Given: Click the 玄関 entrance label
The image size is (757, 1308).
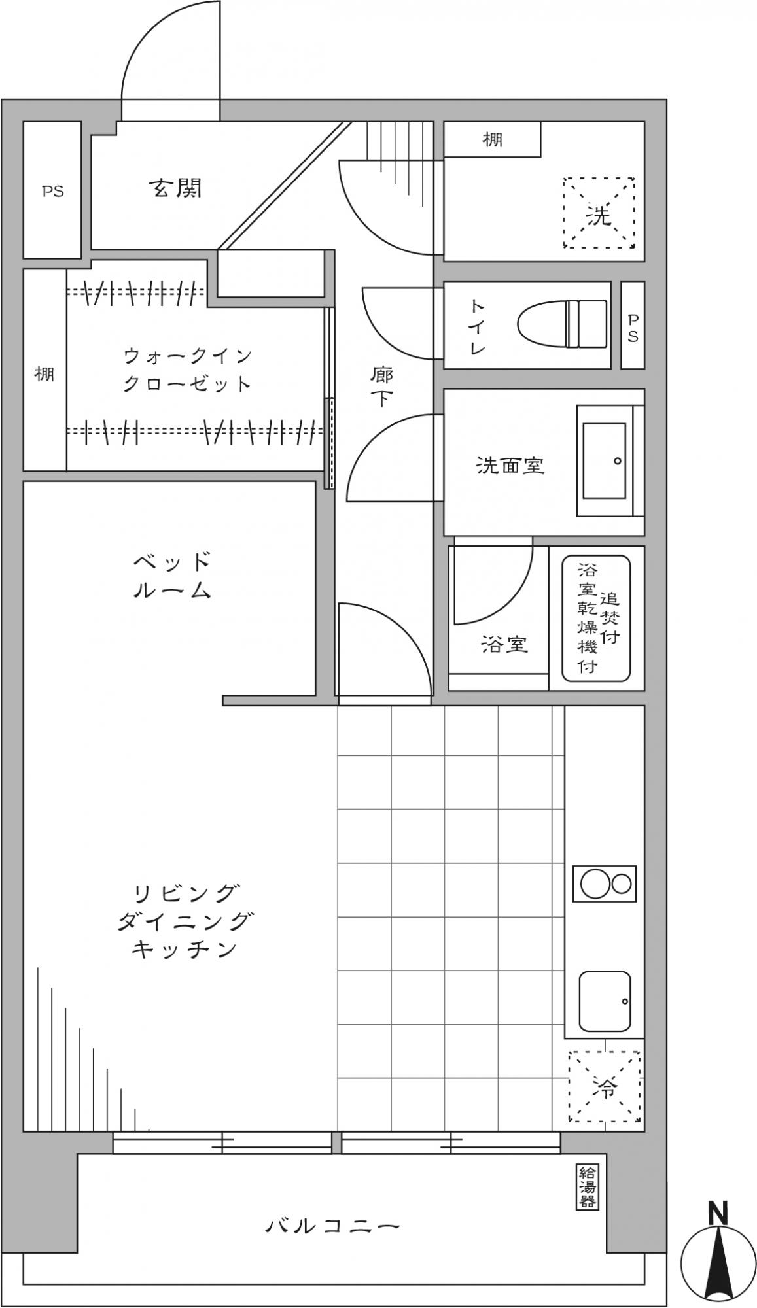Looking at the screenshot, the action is pos(175,188).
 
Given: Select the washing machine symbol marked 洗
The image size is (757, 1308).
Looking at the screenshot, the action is pos(599,213).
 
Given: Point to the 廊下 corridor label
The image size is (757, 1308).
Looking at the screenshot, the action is pos(381,387).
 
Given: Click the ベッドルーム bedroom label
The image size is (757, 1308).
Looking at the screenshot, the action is pos(173,576).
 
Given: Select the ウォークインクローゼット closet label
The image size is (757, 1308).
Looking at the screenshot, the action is pos(188,370).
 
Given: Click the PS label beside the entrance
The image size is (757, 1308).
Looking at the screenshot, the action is pos(53,191).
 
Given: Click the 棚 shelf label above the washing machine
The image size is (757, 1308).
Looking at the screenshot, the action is pos(493,139).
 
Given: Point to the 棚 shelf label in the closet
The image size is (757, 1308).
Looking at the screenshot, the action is pos(44,374).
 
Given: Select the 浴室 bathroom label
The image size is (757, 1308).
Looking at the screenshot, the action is pos(504,645).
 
